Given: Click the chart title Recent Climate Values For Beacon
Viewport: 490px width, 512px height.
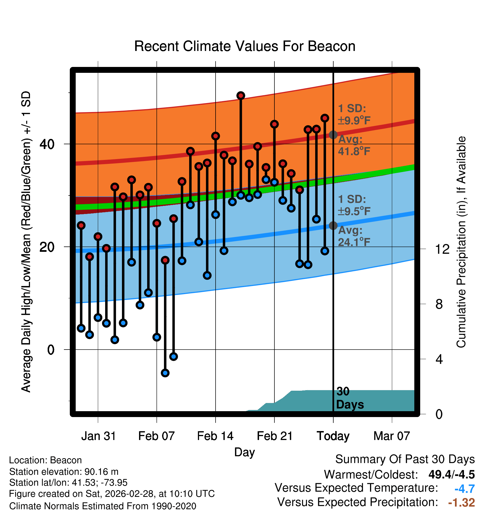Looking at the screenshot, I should tap(245, 46).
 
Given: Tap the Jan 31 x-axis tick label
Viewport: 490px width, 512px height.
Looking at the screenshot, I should tap(98, 436).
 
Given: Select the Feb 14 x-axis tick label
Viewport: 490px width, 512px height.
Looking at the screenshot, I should tap(215, 436).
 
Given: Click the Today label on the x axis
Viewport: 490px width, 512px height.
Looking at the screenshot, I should tap(333, 436).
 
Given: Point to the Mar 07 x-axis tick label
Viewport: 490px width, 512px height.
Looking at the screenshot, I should tap(392, 436).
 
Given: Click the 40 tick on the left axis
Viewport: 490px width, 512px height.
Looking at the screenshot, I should tap(47, 144).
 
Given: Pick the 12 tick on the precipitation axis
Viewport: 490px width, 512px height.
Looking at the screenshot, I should tap(442, 249).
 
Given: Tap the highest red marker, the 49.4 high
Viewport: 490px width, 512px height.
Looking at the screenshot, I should tap(241, 96).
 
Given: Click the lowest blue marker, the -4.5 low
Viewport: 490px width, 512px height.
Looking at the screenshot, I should tap(165, 373).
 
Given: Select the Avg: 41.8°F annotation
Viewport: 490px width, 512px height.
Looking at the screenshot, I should tap(354, 145).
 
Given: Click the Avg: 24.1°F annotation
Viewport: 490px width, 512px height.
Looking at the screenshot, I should tap(354, 236).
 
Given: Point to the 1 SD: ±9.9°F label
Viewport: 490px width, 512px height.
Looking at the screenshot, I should tap(354, 115).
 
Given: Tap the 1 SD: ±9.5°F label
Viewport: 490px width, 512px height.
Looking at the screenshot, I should tap(354, 205).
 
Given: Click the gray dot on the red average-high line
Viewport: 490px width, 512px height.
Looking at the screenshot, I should tap(333, 135).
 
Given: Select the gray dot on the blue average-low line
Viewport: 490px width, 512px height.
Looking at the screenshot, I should tap(333, 225).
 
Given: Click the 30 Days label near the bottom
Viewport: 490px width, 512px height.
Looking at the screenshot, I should tap(350, 398).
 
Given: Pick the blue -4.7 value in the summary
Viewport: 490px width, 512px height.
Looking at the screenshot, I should tap(464, 489).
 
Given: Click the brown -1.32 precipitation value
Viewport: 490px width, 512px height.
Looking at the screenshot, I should tap(461, 502).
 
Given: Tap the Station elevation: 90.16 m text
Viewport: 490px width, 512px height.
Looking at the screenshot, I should tap(64, 472).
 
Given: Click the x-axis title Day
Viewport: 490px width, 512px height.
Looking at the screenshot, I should tap(244, 452).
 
